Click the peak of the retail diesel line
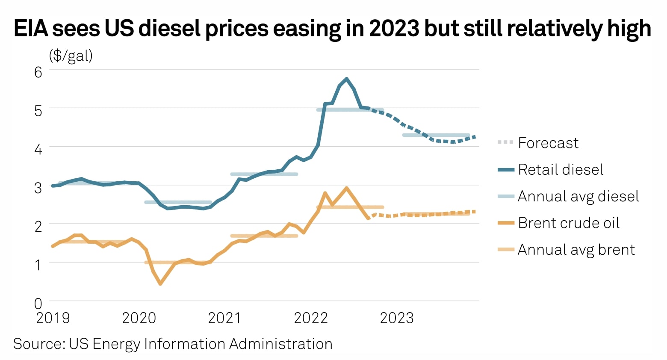[346, 79]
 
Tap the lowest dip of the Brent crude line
[160, 283]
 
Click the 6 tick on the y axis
[38, 72]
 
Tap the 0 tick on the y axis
[38, 304]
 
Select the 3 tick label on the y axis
[38, 188]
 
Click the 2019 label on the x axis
[53, 318]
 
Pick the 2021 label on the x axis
[225, 318]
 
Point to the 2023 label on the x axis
[397, 318]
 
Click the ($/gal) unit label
[71, 56]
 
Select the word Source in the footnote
[38, 344]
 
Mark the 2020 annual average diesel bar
[178, 202]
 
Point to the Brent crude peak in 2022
[346, 188]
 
